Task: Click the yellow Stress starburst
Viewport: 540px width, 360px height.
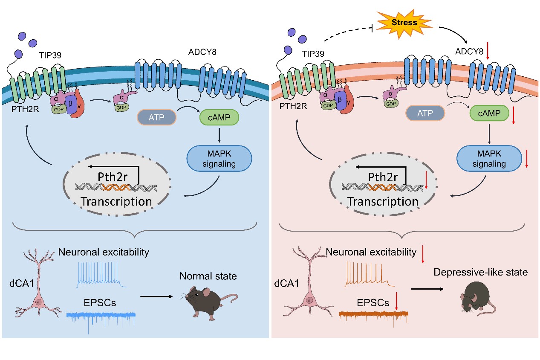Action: point(404,23)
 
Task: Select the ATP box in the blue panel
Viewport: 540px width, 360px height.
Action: point(156,117)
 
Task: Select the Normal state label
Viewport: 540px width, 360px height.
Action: point(208,276)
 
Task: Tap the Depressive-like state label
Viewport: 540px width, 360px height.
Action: point(481,272)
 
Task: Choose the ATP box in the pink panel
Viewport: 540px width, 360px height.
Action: point(425,114)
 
